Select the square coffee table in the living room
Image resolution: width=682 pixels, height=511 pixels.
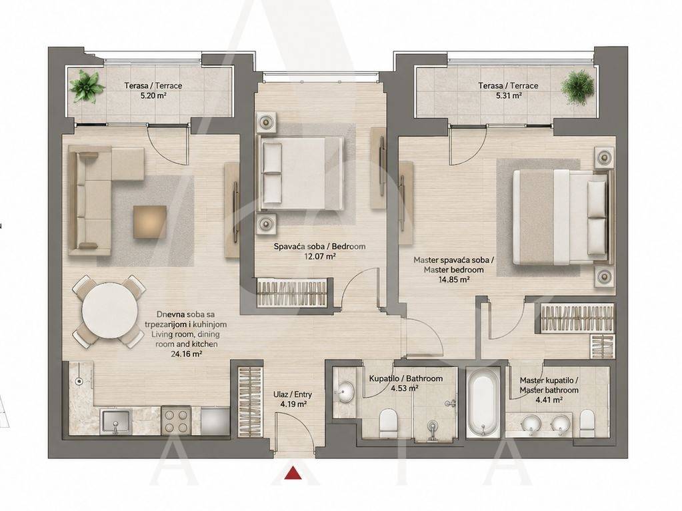point(149,222)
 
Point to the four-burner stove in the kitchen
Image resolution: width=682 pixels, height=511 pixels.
point(176,420)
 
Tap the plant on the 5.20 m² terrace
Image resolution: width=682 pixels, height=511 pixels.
point(87,86)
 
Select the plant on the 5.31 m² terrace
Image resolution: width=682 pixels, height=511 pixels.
point(577,87)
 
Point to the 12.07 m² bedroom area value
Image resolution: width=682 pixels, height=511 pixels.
point(319,256)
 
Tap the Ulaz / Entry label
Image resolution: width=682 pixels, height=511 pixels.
point(293,394)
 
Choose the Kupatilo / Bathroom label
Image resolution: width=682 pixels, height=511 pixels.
point(406,378)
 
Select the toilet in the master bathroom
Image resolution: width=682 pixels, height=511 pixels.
point(587,424)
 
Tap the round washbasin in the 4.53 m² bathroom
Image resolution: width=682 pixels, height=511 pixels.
point(346,390)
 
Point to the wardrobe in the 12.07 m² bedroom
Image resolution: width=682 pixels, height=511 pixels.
point(291,293)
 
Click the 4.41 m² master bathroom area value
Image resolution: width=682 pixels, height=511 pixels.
point(549,400)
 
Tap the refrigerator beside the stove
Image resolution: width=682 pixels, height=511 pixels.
point(215,420)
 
